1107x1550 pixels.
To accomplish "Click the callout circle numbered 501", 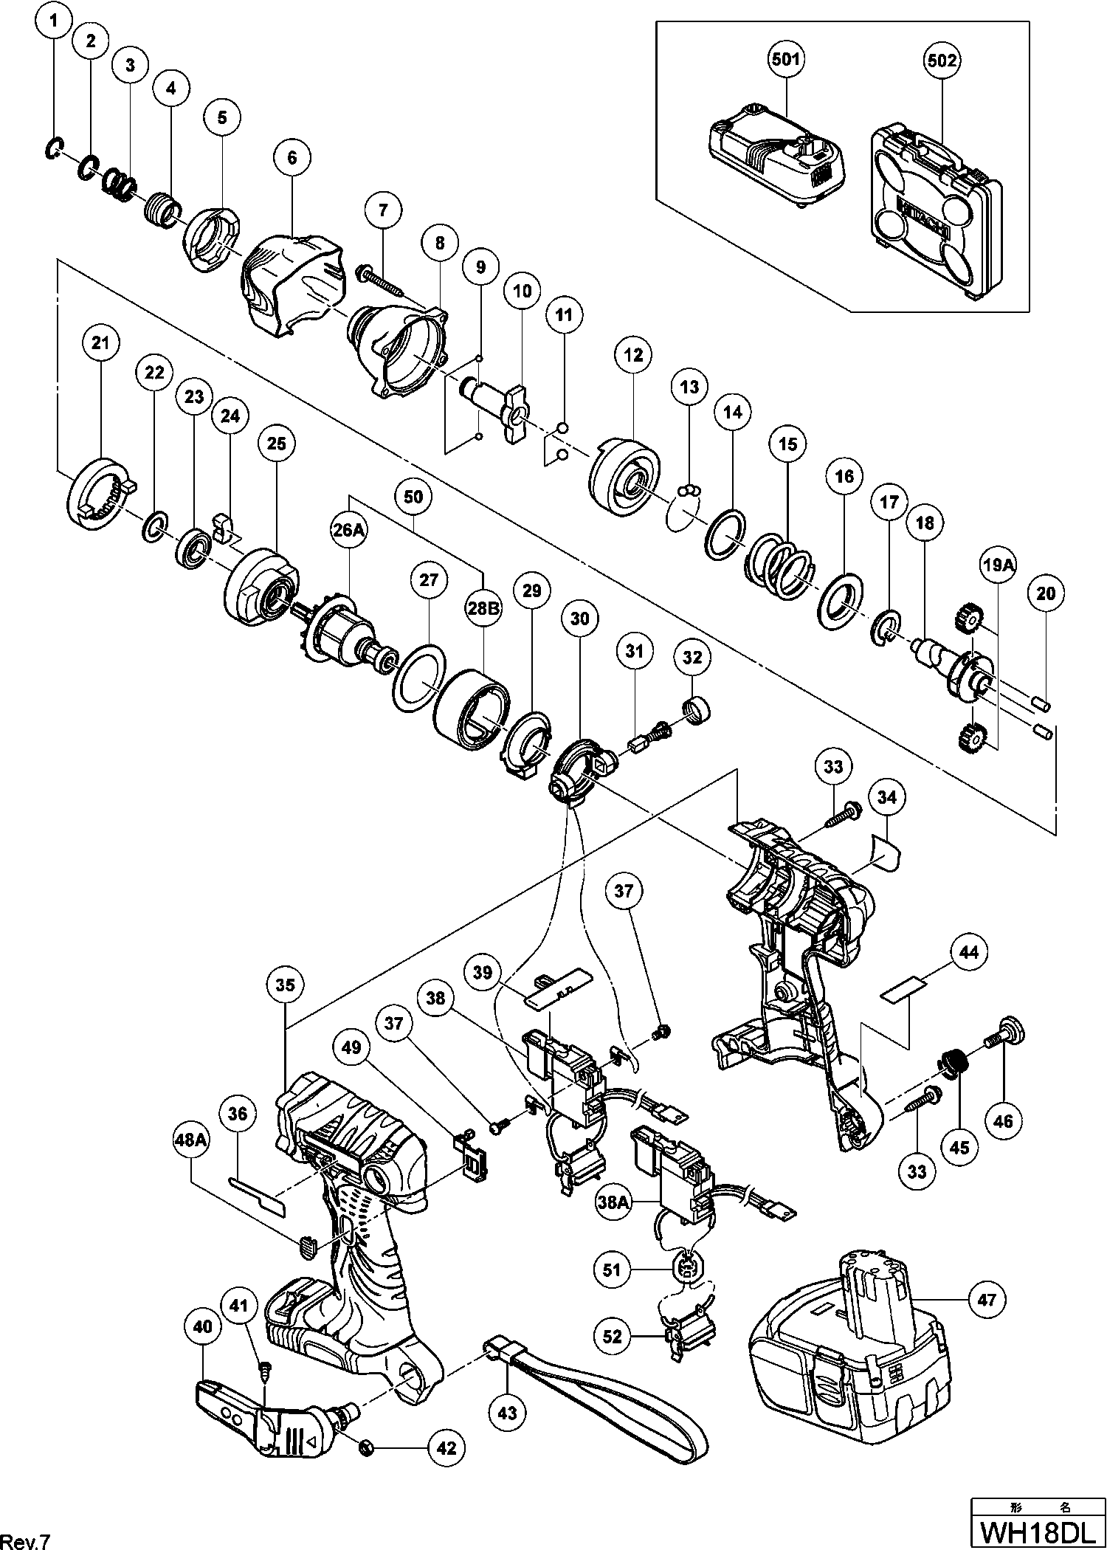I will click(x=786, y=60).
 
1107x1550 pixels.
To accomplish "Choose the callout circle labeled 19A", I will click(x=997, y=565).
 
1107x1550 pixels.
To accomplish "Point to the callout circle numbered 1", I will click(x=52, y=23).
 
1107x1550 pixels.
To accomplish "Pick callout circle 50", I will click(x=414, y=497).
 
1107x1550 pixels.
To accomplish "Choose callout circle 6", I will click(x=292, y=157).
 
